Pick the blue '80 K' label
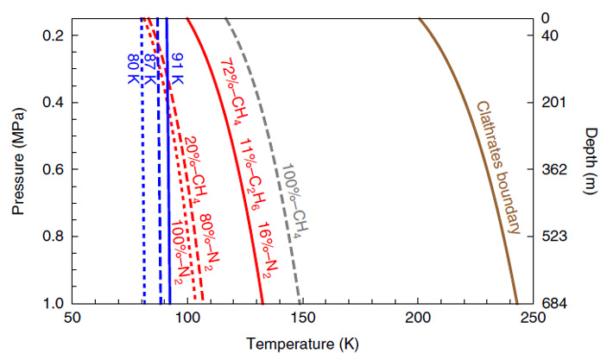[132, 70]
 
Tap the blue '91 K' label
[175, 70]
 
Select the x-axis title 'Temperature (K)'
[302, 344]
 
